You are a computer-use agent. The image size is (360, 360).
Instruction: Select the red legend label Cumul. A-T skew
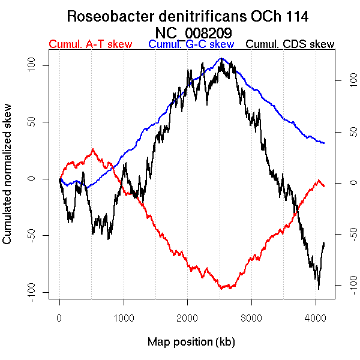click(x=90, y=44)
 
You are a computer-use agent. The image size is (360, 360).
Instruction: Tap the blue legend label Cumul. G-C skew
click(x=191, y=44)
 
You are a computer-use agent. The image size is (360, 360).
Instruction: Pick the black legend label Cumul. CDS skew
click(x=290, y=44)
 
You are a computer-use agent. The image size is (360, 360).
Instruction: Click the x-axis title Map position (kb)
click(x=191, y=342)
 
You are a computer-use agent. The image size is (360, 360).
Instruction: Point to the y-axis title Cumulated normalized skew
click(x=8, y=181)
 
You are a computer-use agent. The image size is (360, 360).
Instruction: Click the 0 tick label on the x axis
click(x=59, y=319)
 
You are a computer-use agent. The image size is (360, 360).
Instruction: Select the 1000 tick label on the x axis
click(x=124, y=319)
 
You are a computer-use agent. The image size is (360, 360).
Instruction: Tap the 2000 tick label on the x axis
click(x=187, y=319)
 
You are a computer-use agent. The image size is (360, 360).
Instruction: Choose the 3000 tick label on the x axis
click(x=251, y=319)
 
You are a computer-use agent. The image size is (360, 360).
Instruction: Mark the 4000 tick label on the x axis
click(x=316, y=319)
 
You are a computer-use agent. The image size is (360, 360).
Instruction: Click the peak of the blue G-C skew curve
click(x=221, y=58)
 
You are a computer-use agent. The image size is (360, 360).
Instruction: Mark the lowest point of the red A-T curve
click(x=222, y=289)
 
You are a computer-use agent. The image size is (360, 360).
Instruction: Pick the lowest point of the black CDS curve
click(x=319, y=289)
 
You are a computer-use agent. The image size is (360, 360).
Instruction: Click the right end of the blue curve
click(x=324, y=143)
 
